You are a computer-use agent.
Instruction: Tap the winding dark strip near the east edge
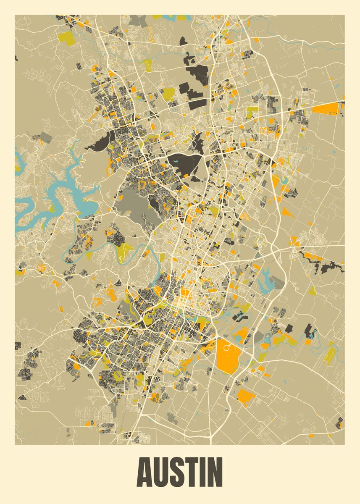coord(323,264)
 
